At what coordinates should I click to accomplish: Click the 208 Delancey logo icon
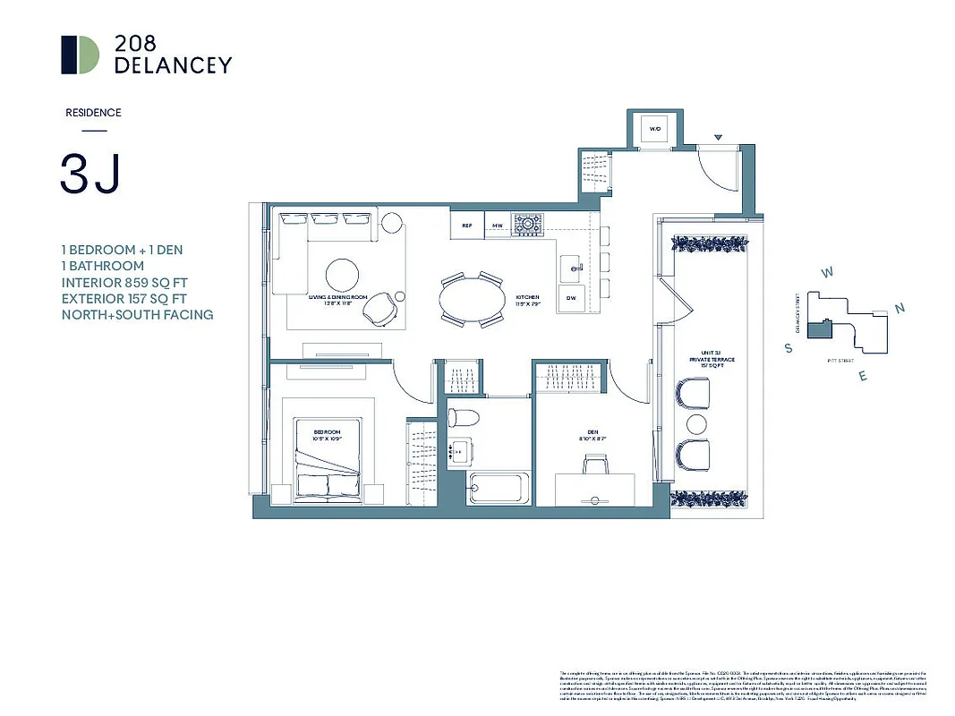pyautogui.click(x=80, y=55)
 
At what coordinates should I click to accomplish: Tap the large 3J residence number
pyautogui.click(x=90, y=174)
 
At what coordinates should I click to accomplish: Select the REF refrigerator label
pyautogui.click(x=466, y=226)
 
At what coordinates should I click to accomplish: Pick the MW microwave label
pyautogui.click(x=497, y=226)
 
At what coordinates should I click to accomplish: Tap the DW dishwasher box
pyautogui.click(x=570, y=299)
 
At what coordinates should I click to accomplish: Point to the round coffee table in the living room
pyautogui.click(x=345, y=276)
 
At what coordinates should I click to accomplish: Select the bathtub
pyautogui.click(x=499, y=489)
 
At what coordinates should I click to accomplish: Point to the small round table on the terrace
pyautogui.click(x=694, y=422)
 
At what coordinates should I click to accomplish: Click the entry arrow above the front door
pyautogui.click(x=717, y=138)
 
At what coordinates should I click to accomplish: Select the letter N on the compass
pyautogui.click(x=900, y=309)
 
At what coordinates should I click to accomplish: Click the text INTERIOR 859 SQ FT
pyautogui.click(x=124, y=282)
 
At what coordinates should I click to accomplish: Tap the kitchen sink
pyautogui.click(x=573, y=266)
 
